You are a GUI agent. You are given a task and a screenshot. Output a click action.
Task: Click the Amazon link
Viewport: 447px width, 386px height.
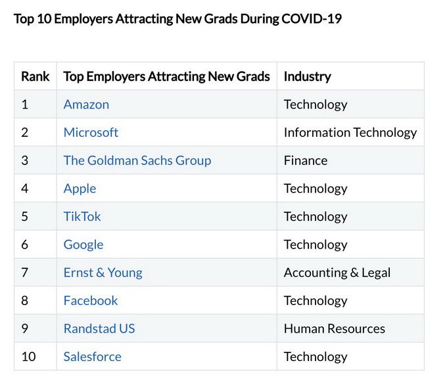[86, 105]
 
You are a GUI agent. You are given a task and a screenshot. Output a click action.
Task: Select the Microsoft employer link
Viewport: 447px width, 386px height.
[91, 132]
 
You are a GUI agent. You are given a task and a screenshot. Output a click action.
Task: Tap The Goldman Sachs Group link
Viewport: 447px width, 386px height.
[137, 160]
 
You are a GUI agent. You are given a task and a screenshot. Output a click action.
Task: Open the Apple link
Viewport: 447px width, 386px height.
[80, 189]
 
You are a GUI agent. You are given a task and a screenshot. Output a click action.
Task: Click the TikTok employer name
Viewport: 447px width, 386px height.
[82, 216]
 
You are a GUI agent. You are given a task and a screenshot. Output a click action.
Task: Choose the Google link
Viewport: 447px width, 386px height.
[83, 245]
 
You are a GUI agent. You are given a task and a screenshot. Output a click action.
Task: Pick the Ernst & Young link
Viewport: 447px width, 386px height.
[103, 272]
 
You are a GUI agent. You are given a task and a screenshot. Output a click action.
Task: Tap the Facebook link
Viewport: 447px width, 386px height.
[91, 301]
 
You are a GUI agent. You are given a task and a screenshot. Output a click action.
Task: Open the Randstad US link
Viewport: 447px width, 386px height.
[99, 329]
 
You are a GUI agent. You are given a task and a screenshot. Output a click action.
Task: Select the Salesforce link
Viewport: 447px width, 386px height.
[92, 356]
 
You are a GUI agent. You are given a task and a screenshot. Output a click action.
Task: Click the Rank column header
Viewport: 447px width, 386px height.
[35, 76]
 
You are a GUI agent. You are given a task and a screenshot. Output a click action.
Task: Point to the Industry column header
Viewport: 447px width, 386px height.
[307, 76]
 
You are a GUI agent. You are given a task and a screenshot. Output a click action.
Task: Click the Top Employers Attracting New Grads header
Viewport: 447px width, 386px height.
[166, 76]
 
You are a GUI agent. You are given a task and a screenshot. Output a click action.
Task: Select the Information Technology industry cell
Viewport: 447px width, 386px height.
[350, 132]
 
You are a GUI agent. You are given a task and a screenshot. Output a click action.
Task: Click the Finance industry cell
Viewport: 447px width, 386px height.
[305, 160]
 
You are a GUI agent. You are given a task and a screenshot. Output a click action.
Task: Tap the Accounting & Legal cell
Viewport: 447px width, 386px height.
[337, 272]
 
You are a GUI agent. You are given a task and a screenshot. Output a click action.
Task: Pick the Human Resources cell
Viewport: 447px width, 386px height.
[334, 329]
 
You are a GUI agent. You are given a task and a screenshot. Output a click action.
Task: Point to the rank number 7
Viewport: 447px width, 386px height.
[25, 272]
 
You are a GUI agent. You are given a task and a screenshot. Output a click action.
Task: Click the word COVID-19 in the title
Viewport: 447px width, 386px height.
[311, 18]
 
